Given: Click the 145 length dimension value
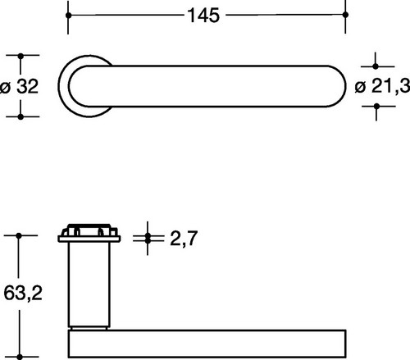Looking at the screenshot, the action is (x=203, y=16).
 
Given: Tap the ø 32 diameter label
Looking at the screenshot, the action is (x=19, y=86).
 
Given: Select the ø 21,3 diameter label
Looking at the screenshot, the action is (x=382, y=86).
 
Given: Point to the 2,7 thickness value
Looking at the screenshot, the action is (x=184, y=239).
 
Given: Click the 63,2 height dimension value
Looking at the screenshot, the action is (x=23, y=293).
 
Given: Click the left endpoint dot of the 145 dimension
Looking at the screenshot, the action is (x=69, y=16).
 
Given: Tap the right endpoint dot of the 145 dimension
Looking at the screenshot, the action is (x=345, y=15).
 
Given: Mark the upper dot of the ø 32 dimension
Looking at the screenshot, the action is (x=20, y=57).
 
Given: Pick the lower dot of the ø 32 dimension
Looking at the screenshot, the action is (x=20, y=117).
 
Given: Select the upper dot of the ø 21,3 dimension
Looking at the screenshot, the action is (x=376, y=66).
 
